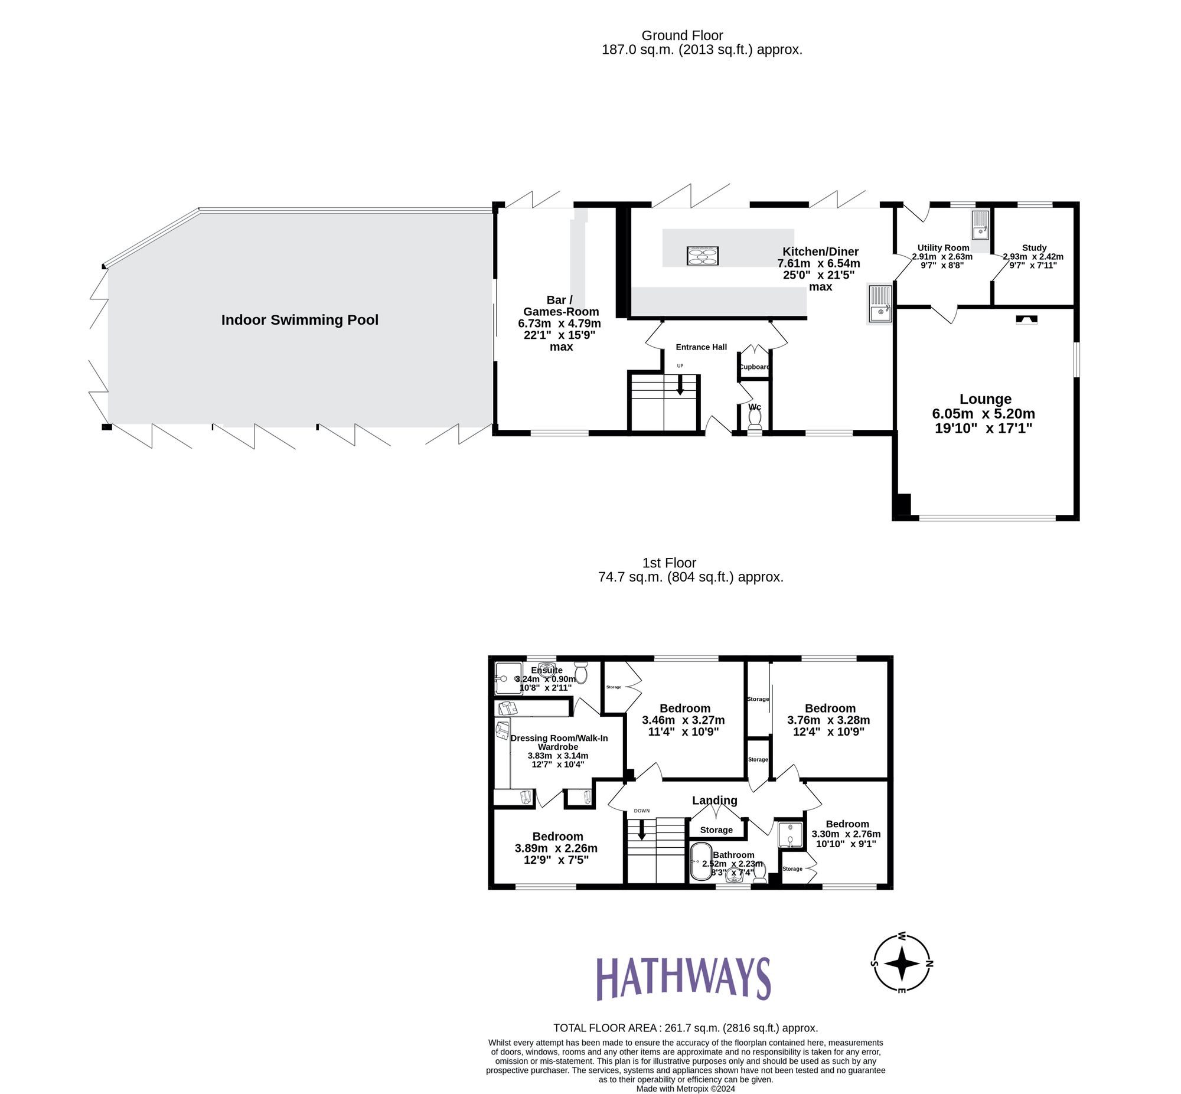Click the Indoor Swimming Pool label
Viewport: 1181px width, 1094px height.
[x=299, y=320]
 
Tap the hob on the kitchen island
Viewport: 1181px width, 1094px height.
[x=702, y=256]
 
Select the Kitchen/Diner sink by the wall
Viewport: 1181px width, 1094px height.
[x=880, y=303]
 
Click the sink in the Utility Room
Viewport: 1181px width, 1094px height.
[x=980, y=225]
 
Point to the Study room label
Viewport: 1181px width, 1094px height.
[x=1033, y=248]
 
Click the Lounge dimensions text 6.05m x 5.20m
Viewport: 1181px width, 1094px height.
[x=983, y=414]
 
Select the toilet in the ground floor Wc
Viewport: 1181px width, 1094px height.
[x=754, y=419]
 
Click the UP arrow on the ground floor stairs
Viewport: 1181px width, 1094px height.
[x=680, y=387]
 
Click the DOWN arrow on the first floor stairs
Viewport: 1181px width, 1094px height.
[x=641, y=831]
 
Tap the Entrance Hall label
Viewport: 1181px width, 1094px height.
[x=701, y=348]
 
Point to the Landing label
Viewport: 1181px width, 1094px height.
[x=715, y=801]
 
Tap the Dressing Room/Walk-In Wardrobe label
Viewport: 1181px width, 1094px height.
[x=558, y=742]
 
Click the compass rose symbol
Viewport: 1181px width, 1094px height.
[x=901, y=963]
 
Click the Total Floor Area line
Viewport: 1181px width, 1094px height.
[x=685, y=1028]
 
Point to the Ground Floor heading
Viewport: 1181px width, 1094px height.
[x=682, y=36]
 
